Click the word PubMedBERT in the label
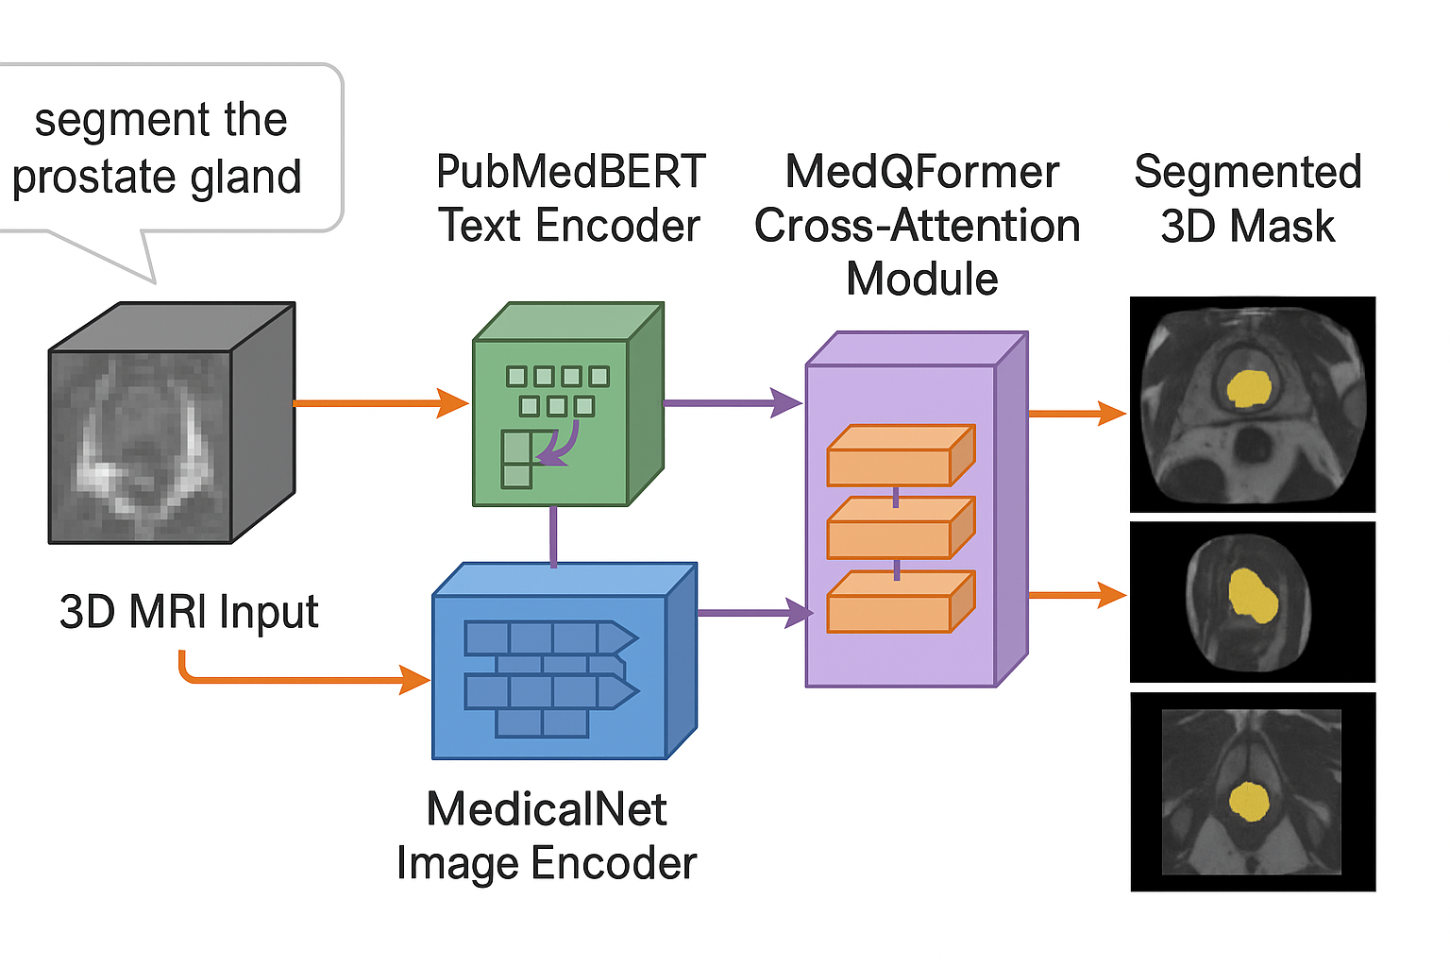pos(570,172)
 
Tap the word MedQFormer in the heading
pos(921,172)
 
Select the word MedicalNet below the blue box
pos(547,809)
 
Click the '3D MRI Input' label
pos(189,612)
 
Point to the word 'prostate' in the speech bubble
pos(93,178)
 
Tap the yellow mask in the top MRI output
pos(1249,388)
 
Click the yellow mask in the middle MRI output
pos(1253,596)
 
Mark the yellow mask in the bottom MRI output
pos(1249,802)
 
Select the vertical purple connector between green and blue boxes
pos(553,536)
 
